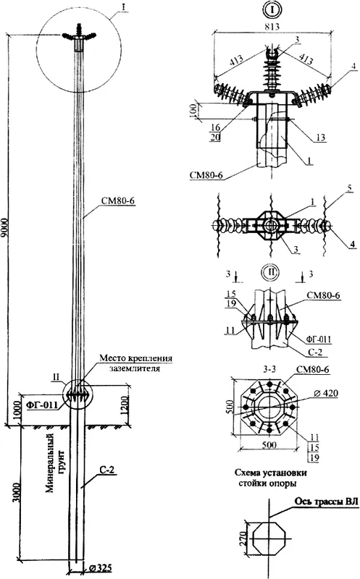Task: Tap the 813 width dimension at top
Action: click(272, 27)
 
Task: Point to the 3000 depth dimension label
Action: click(15, 492)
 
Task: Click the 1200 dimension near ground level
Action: click(125, 405)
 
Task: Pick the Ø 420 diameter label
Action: click(326, 394)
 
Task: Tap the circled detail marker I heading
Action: click(272, 9)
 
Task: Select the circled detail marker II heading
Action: click(271, 273)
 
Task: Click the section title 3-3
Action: click(271, 370)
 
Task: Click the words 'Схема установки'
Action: click(271, 473)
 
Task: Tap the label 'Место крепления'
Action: click(136, 358)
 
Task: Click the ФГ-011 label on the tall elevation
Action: click(42, 405)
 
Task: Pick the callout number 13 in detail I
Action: click(321, 138)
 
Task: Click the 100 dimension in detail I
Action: click(193, 111)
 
